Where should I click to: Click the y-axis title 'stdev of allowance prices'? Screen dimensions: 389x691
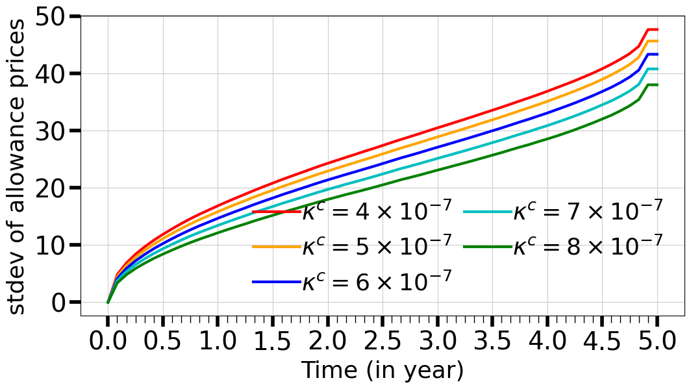pos(18,166)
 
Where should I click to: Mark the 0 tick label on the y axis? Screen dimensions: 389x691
pos(60,303)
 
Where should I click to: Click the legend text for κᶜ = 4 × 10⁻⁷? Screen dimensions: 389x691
pos(377,211)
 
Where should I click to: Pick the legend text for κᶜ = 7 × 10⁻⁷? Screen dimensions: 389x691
pos(588,211)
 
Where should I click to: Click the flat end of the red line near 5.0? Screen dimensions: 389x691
pos(653,30)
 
